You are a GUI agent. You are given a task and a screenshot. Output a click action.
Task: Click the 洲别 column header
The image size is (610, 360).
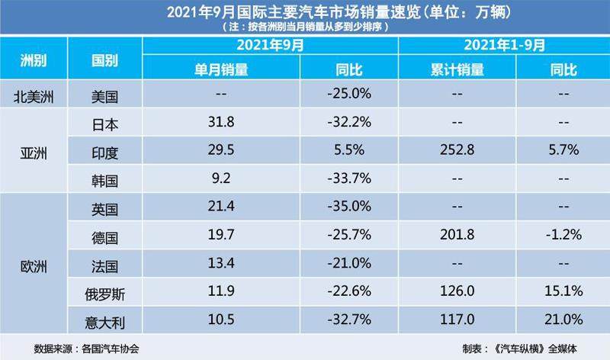(x=34, y=60)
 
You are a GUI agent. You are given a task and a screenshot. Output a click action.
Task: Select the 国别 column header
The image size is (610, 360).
(x=104, y=60)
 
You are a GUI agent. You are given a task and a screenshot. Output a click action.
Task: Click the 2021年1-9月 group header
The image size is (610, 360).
(x=503, y=45)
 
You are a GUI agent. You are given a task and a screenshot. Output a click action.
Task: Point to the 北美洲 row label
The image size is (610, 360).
(x=34, y=96)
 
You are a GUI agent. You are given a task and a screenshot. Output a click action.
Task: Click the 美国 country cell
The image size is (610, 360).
(x=104, y=96)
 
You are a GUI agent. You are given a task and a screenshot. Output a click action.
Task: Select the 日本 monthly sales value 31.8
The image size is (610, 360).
(x=223, y=123)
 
